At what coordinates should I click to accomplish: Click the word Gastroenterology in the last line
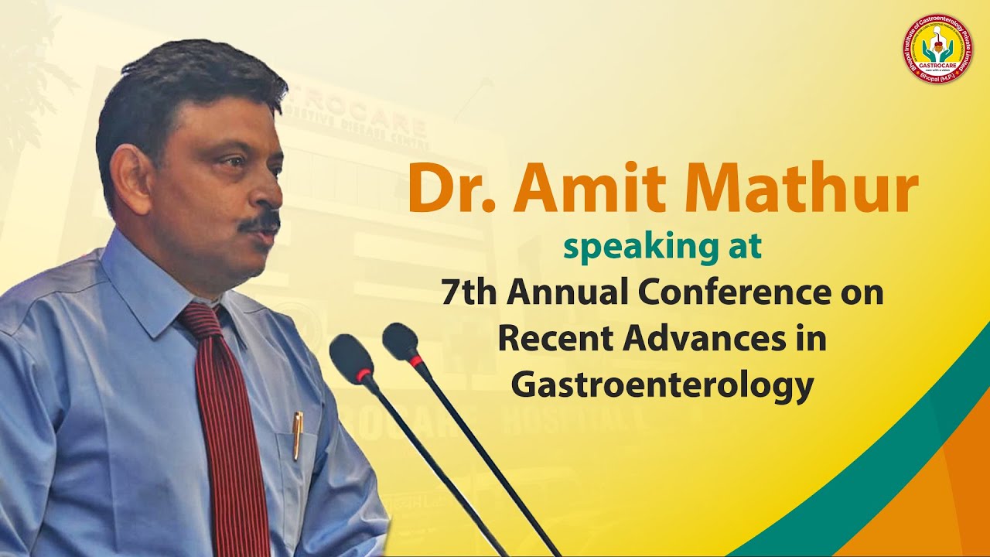pyautogui.click(x=662, y=384)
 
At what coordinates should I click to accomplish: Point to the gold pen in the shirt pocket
pyautogui.click(x=297, y=434)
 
